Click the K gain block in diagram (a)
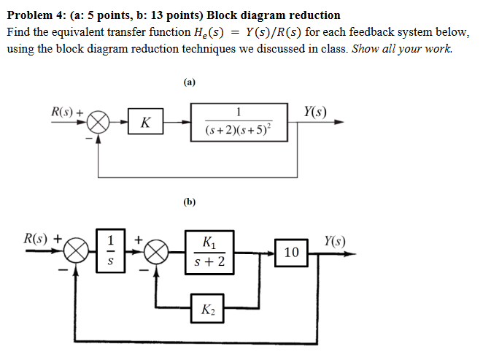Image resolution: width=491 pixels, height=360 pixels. [x=145, y=122]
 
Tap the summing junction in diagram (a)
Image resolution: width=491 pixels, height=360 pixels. [x=101, y=122]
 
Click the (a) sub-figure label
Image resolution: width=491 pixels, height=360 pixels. [x=190, y=83]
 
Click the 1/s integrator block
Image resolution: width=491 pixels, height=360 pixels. [x=111, y=250]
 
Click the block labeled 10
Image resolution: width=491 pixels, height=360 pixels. [x=291, y=253]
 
